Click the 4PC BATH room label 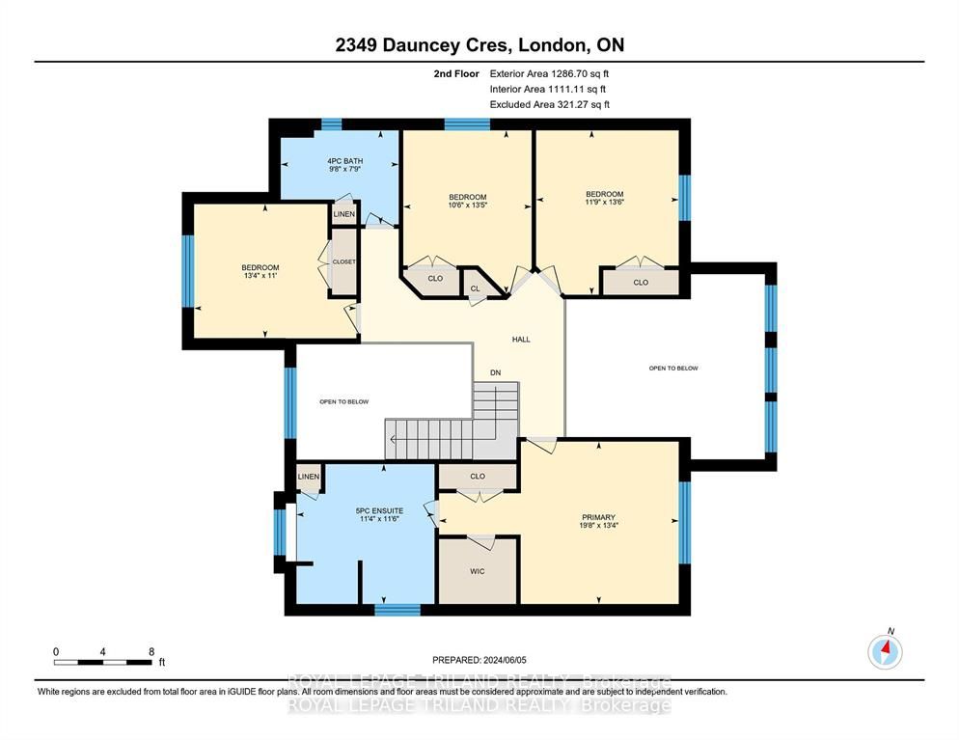click(345, 161)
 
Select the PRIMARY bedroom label click(598, 517)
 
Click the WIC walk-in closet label click(477, 571)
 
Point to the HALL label click(521, 340)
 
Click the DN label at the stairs click(495, 372)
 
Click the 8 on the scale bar click(151, 652)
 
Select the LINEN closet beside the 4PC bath click(344, 214)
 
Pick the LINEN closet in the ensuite click(309, 477)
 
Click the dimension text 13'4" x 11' click(260, 275)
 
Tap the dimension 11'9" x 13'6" click(604, 202)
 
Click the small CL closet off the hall click(476, 288)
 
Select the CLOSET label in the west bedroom click(343, 261)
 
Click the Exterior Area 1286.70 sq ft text click(549, 74)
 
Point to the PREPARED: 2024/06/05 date click(479, 660)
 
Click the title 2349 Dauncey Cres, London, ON click(479, 45)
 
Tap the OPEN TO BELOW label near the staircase click(344, 401)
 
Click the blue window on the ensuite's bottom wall click(397, 610)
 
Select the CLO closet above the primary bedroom click(478, 476)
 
